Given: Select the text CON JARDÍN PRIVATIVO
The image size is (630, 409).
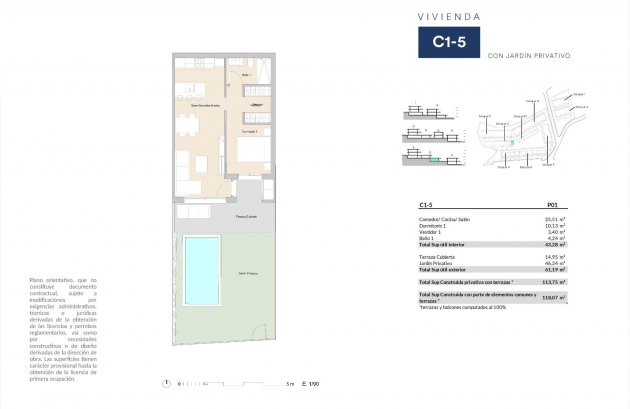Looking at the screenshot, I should pos(528,56).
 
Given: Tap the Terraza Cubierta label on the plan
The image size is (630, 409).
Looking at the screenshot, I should pos(246,216).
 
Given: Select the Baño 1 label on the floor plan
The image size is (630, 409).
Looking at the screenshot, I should pos(246,76).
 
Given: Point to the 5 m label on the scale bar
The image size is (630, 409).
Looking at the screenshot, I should pos(290,383).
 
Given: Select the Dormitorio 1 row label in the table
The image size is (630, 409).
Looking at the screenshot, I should pos(437,225).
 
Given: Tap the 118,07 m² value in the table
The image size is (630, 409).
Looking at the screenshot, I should pos(553,297).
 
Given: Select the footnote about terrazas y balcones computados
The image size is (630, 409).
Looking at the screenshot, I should pos(457,307).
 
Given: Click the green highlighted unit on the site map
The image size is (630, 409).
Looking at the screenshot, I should pos(513,144).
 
